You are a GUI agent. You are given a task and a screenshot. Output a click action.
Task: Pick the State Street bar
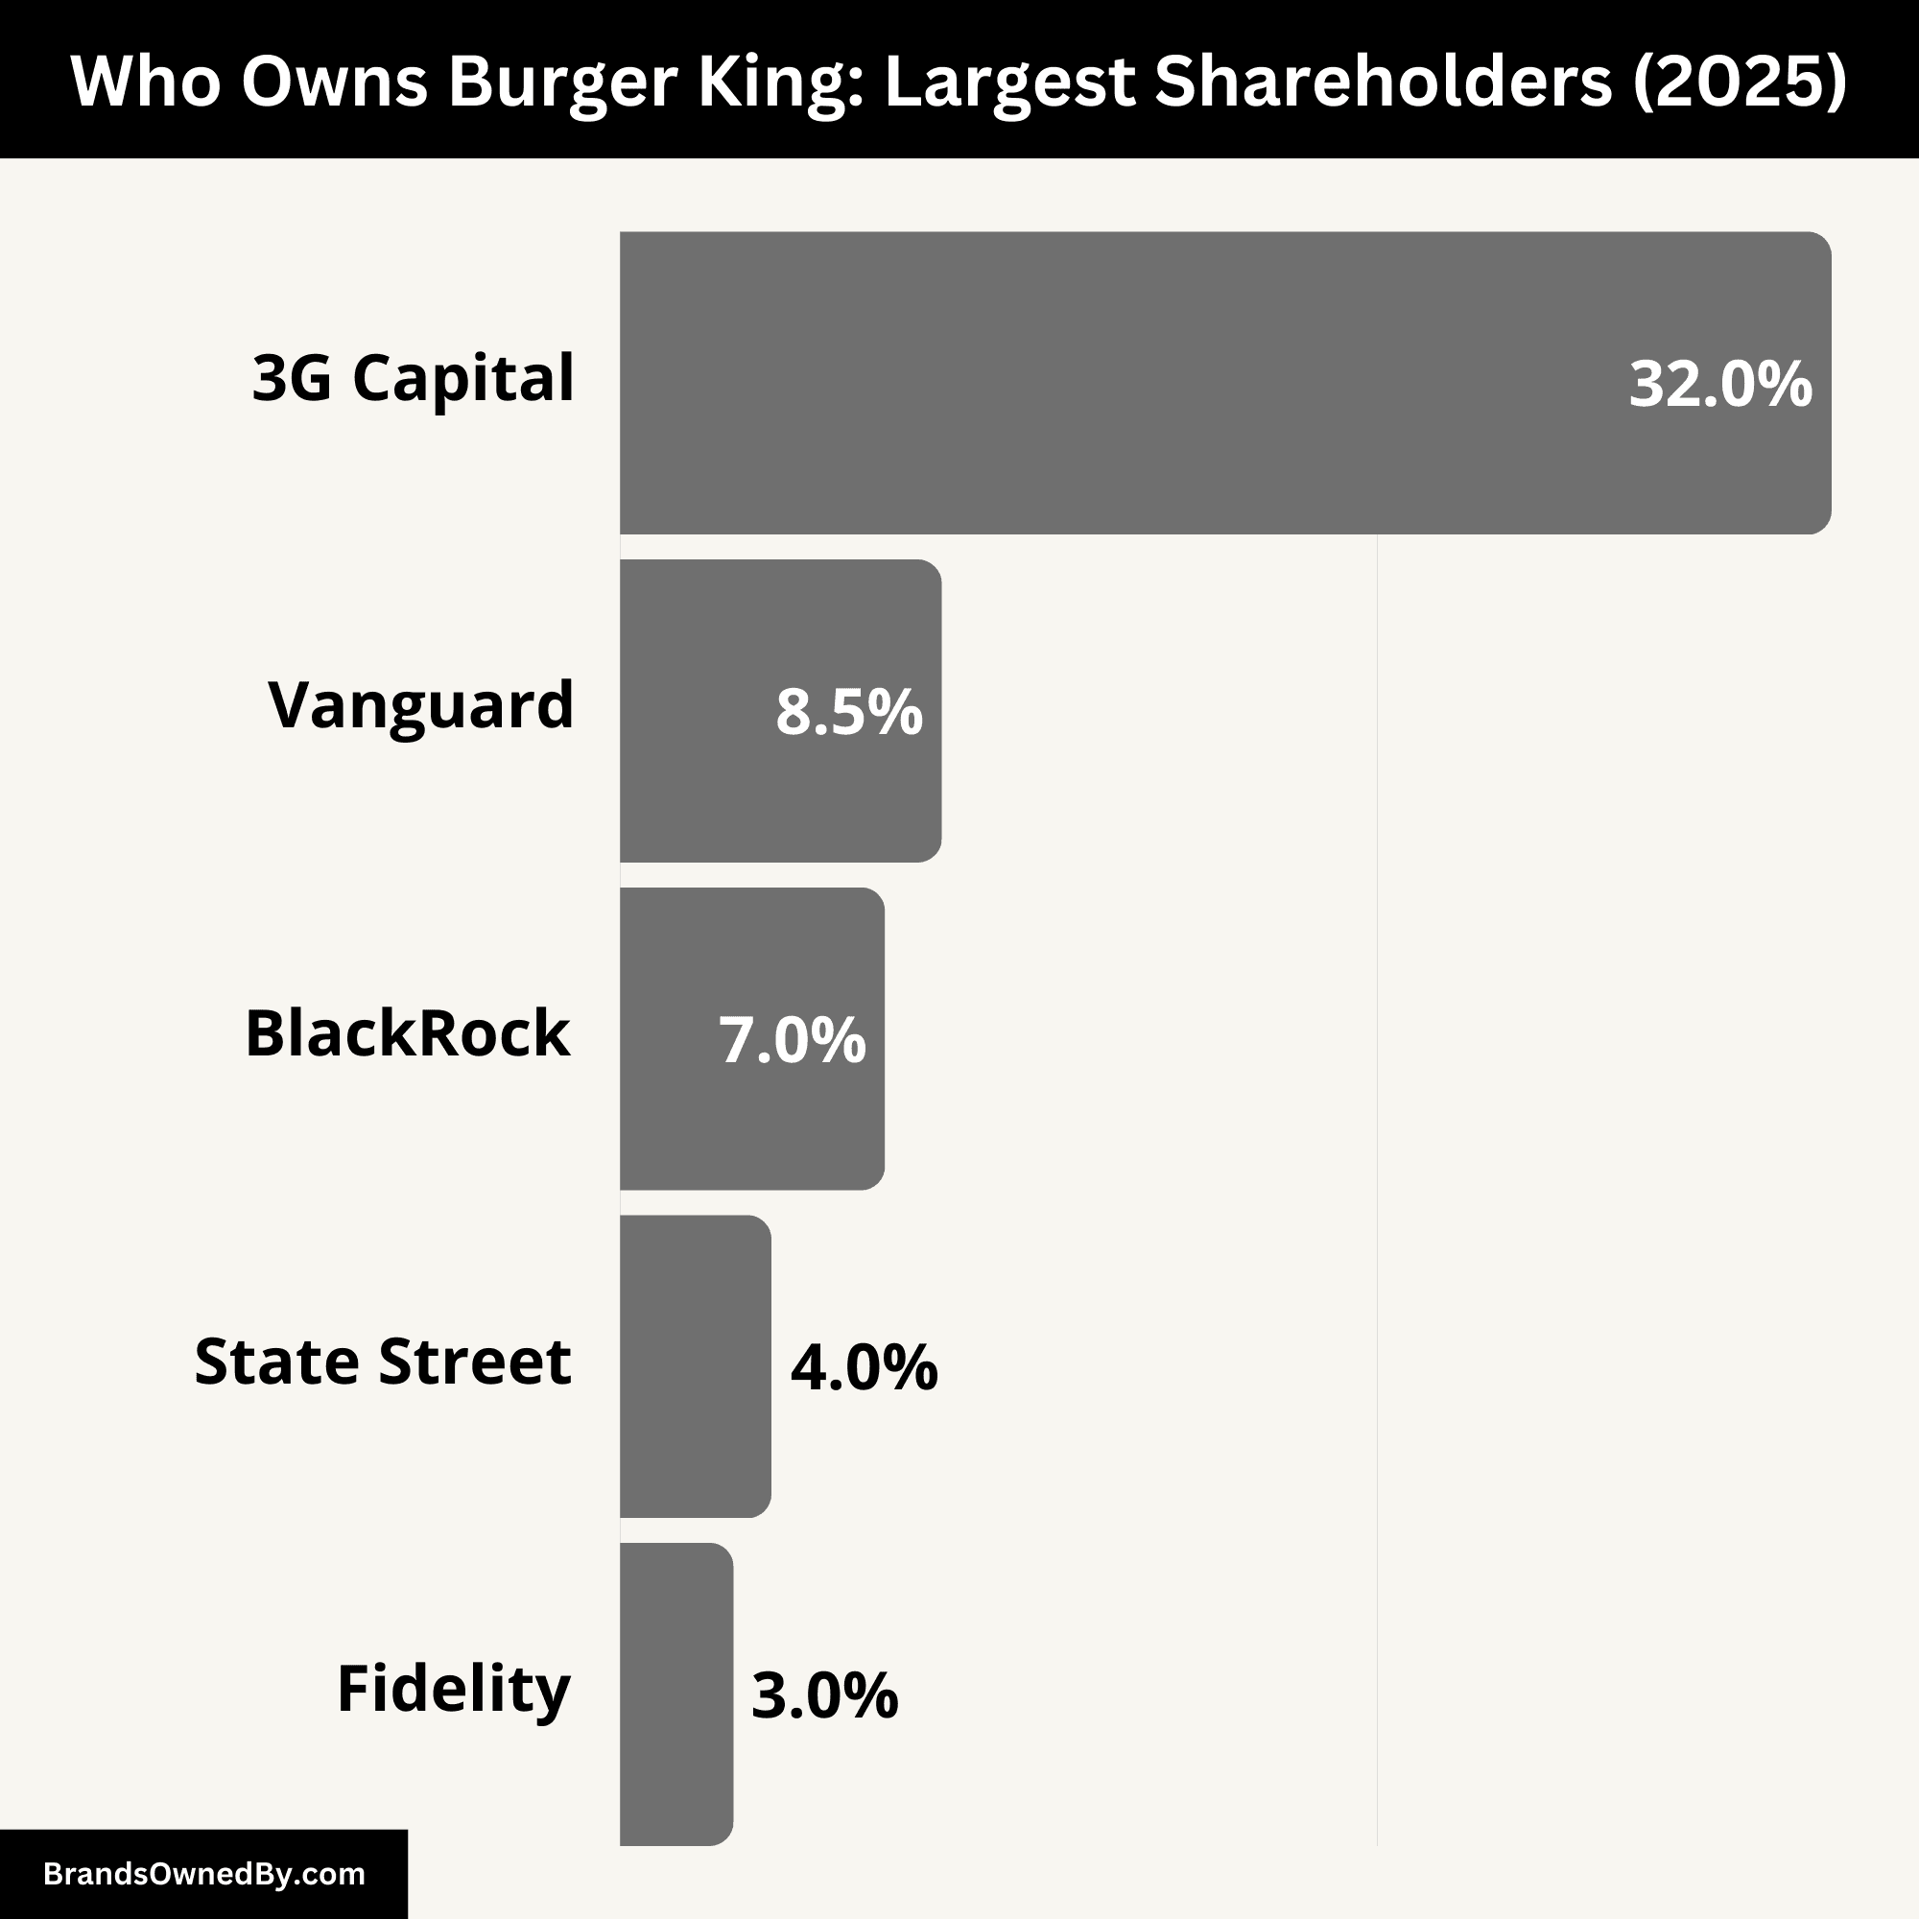[696, 1366]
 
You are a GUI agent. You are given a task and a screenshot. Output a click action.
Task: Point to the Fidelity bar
[676, 1694]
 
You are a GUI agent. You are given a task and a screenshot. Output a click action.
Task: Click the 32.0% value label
[1720, 385]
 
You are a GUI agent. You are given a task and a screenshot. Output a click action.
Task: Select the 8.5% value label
[848, 712]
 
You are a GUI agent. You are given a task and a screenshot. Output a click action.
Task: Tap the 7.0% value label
[792, 1040]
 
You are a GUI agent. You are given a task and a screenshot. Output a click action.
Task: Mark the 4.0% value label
[864, 1367]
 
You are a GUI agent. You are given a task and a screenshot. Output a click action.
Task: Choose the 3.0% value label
[824, 1695]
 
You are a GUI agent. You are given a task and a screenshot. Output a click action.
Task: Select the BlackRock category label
[408, 1034]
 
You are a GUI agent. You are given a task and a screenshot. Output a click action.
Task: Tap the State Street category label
[383, 1362]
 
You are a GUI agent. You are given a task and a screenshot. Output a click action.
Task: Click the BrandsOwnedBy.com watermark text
[204, 1874]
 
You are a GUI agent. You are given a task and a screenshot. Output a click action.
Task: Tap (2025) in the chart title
[1740, 82]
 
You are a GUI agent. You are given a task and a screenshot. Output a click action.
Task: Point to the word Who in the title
[145, 82]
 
